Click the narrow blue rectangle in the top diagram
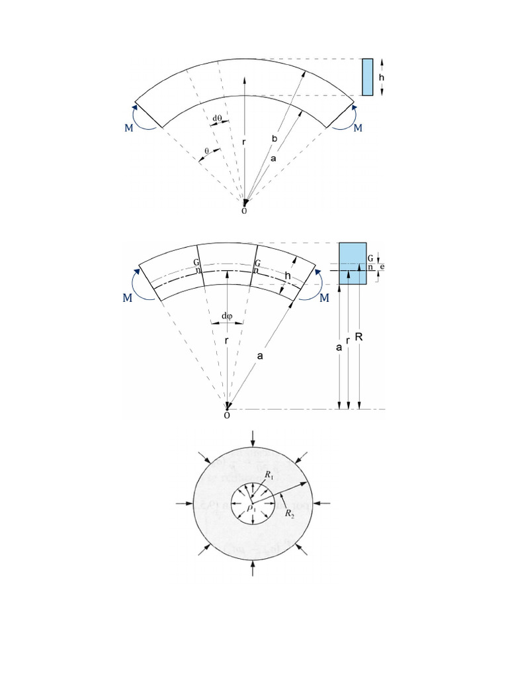coord(367,77)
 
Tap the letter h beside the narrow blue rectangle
coord(382,77)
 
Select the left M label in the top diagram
coord(128,128)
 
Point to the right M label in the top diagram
coord(358,128)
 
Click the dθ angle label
coord(218,119)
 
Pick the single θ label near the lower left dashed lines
coord(206,151)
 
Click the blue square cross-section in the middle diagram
coord(353,263)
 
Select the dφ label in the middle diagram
coord(227,315)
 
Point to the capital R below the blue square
coord(359,337)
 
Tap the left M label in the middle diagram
coord(128,299)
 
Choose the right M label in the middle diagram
coord(324,299)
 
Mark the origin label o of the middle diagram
coord(227,415)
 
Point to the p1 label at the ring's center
coord(251,508)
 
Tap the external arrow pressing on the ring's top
coord(252,438)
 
